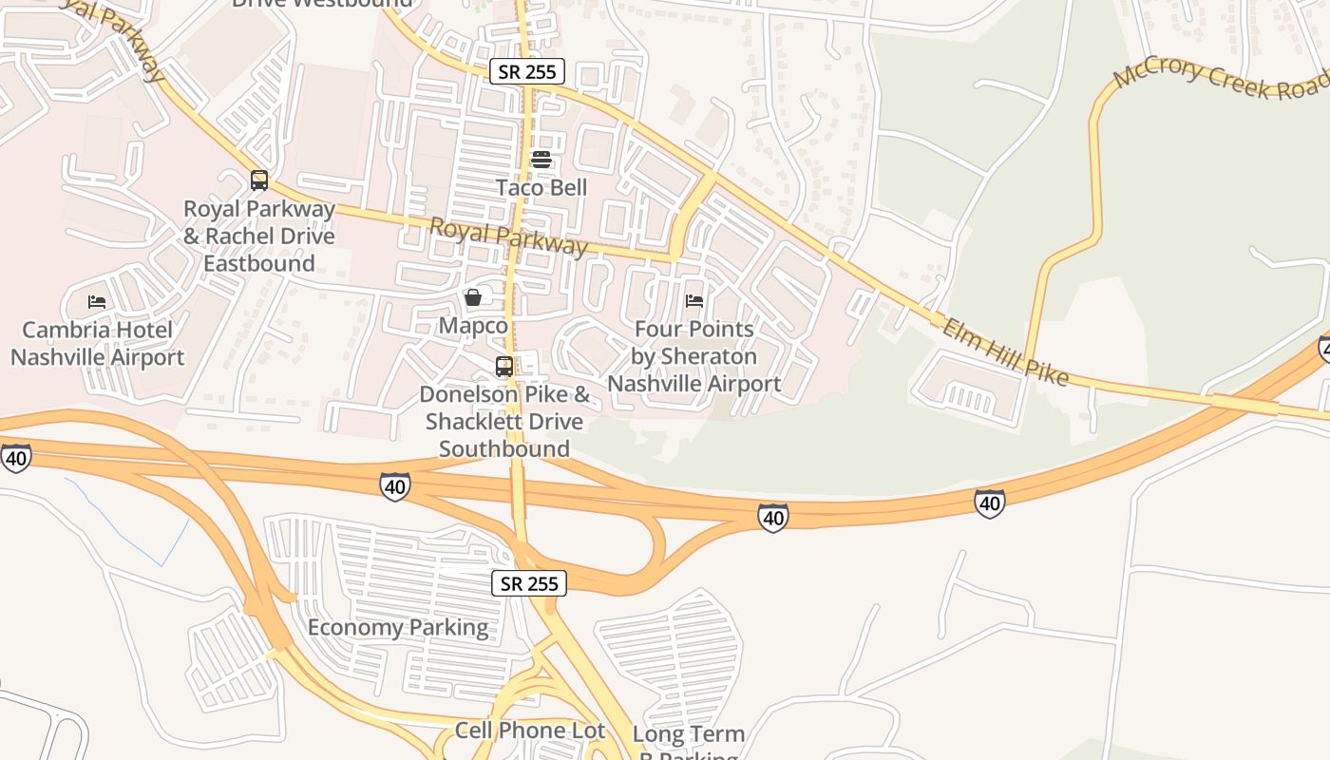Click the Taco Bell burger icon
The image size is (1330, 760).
541,159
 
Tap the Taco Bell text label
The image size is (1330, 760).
541,187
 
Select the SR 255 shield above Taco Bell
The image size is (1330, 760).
527,71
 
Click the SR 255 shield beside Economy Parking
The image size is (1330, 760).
529,583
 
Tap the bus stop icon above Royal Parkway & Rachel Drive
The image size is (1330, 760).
259,180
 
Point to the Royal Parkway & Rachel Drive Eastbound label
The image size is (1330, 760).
259,236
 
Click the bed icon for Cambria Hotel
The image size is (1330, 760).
97,302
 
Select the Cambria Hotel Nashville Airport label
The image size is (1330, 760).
97,344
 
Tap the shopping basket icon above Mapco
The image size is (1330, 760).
473,297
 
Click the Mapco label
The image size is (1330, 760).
473,326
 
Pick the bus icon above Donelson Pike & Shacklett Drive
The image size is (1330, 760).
504,366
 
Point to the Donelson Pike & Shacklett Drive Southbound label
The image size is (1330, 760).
504,421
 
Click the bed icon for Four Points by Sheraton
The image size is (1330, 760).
694,301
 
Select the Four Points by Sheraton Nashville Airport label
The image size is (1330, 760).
694,356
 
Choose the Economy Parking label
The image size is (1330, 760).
398,627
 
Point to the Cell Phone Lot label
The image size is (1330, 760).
529,730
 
